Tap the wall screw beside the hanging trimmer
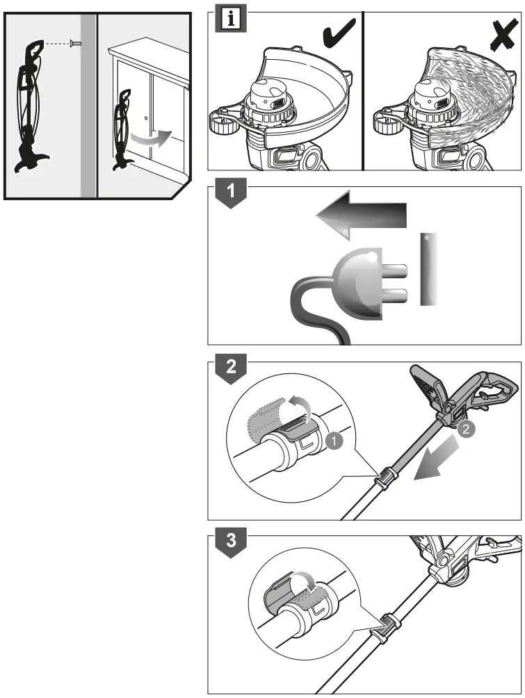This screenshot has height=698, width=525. pyautogui.click(x=74, y=44)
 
